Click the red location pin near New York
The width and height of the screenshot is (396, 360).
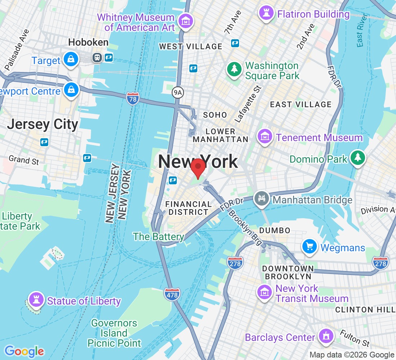click(x=198, y=167)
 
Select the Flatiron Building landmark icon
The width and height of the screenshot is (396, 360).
click(x=266, y=14)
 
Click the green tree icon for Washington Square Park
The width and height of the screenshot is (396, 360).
click(x=234, y=69)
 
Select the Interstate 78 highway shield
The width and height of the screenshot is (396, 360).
click(x=132, y=99)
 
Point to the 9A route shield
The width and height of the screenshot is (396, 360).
click(x=178, y=93)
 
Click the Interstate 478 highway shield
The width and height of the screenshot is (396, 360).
click(x=171, y=294)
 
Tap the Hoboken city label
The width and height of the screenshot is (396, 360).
click(x=88, y=42)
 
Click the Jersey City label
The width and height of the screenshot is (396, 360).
click(x=42, y=125)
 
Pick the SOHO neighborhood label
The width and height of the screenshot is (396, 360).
click(x=215, y=115)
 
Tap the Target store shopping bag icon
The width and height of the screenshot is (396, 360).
click(x=71, y=59)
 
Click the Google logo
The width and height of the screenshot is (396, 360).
click(x=24, y=351)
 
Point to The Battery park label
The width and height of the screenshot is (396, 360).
click(x=158, y=237)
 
